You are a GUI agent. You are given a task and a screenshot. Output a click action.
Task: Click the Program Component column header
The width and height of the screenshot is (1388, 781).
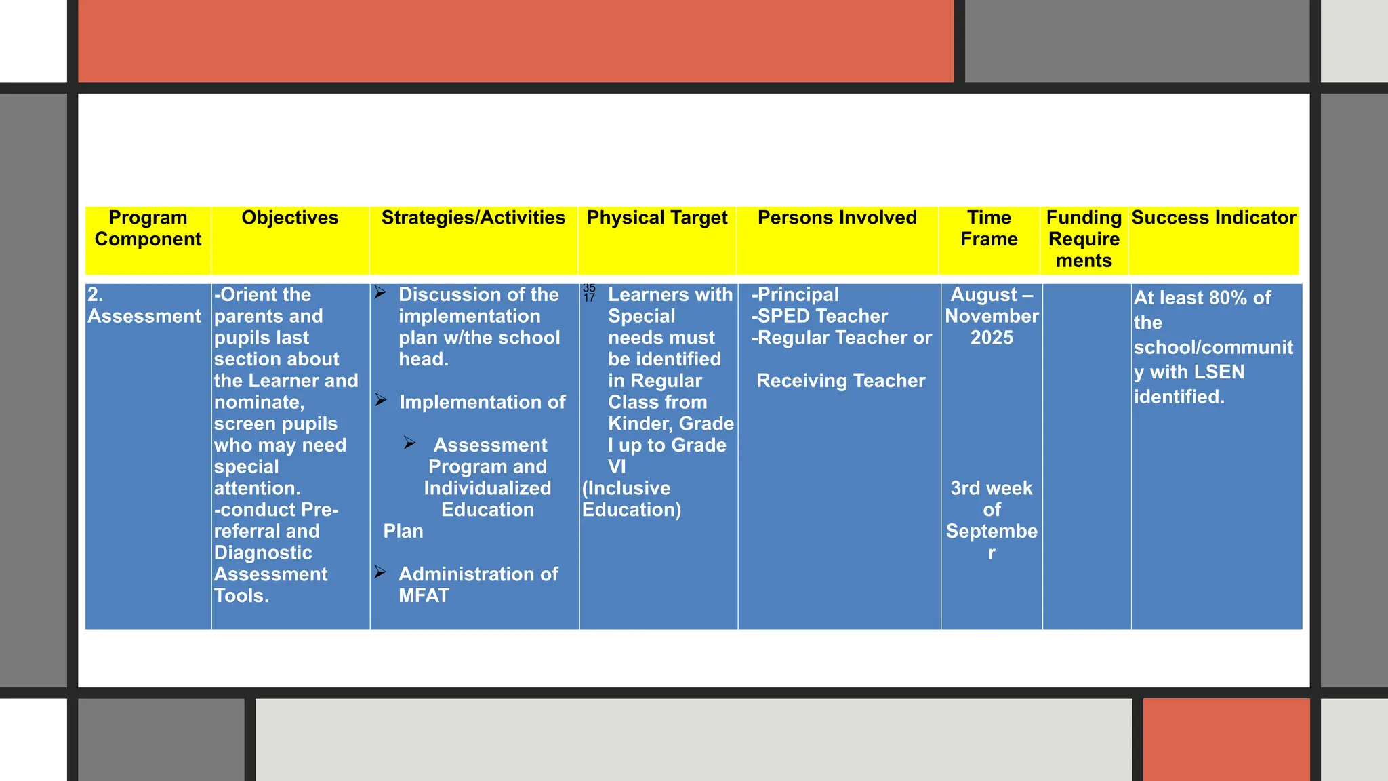(148, 228)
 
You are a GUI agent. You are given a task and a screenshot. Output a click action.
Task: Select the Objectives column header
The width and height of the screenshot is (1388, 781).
(289, 218)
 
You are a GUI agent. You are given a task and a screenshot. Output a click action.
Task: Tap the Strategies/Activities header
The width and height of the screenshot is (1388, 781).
(473, 218)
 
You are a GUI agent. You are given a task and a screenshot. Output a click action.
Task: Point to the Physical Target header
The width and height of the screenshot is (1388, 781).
(657, 218)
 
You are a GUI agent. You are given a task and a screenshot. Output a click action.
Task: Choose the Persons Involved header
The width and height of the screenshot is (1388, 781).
(837, 218)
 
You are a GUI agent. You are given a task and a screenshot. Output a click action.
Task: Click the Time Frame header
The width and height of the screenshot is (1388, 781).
(989, 228)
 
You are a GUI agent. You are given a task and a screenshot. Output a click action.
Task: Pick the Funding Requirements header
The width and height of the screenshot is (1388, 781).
(1084, 239)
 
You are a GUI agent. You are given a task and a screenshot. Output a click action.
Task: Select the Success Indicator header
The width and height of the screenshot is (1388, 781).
(1213, 218)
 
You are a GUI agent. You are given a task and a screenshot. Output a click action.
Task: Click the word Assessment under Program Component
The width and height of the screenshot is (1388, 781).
(144, 317)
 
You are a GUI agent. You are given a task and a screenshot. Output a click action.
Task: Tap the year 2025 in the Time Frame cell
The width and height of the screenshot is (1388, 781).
(992, 338)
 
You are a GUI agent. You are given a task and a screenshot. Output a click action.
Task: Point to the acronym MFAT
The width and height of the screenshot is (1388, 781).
(424, 596)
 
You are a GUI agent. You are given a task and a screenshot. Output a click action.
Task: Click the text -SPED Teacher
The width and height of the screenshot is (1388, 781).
(819, 317)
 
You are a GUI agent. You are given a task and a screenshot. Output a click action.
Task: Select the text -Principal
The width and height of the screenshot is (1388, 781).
(795, 295)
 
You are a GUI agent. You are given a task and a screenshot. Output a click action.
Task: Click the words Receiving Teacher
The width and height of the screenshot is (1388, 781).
(840, 381)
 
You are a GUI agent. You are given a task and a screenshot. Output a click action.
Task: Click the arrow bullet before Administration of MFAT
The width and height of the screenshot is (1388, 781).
(380, 573)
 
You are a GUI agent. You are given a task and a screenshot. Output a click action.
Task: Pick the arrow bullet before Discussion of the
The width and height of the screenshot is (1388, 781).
(380, 293)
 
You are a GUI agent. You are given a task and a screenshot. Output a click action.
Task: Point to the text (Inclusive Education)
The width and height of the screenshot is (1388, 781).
(630, 499)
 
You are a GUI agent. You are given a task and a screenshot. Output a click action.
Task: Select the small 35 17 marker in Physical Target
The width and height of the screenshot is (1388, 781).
(589, 293)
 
